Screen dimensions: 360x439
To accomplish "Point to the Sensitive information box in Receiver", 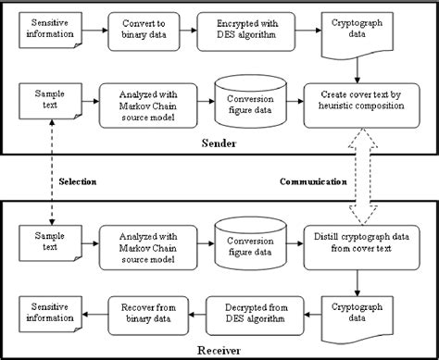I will [x=48, y=310].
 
